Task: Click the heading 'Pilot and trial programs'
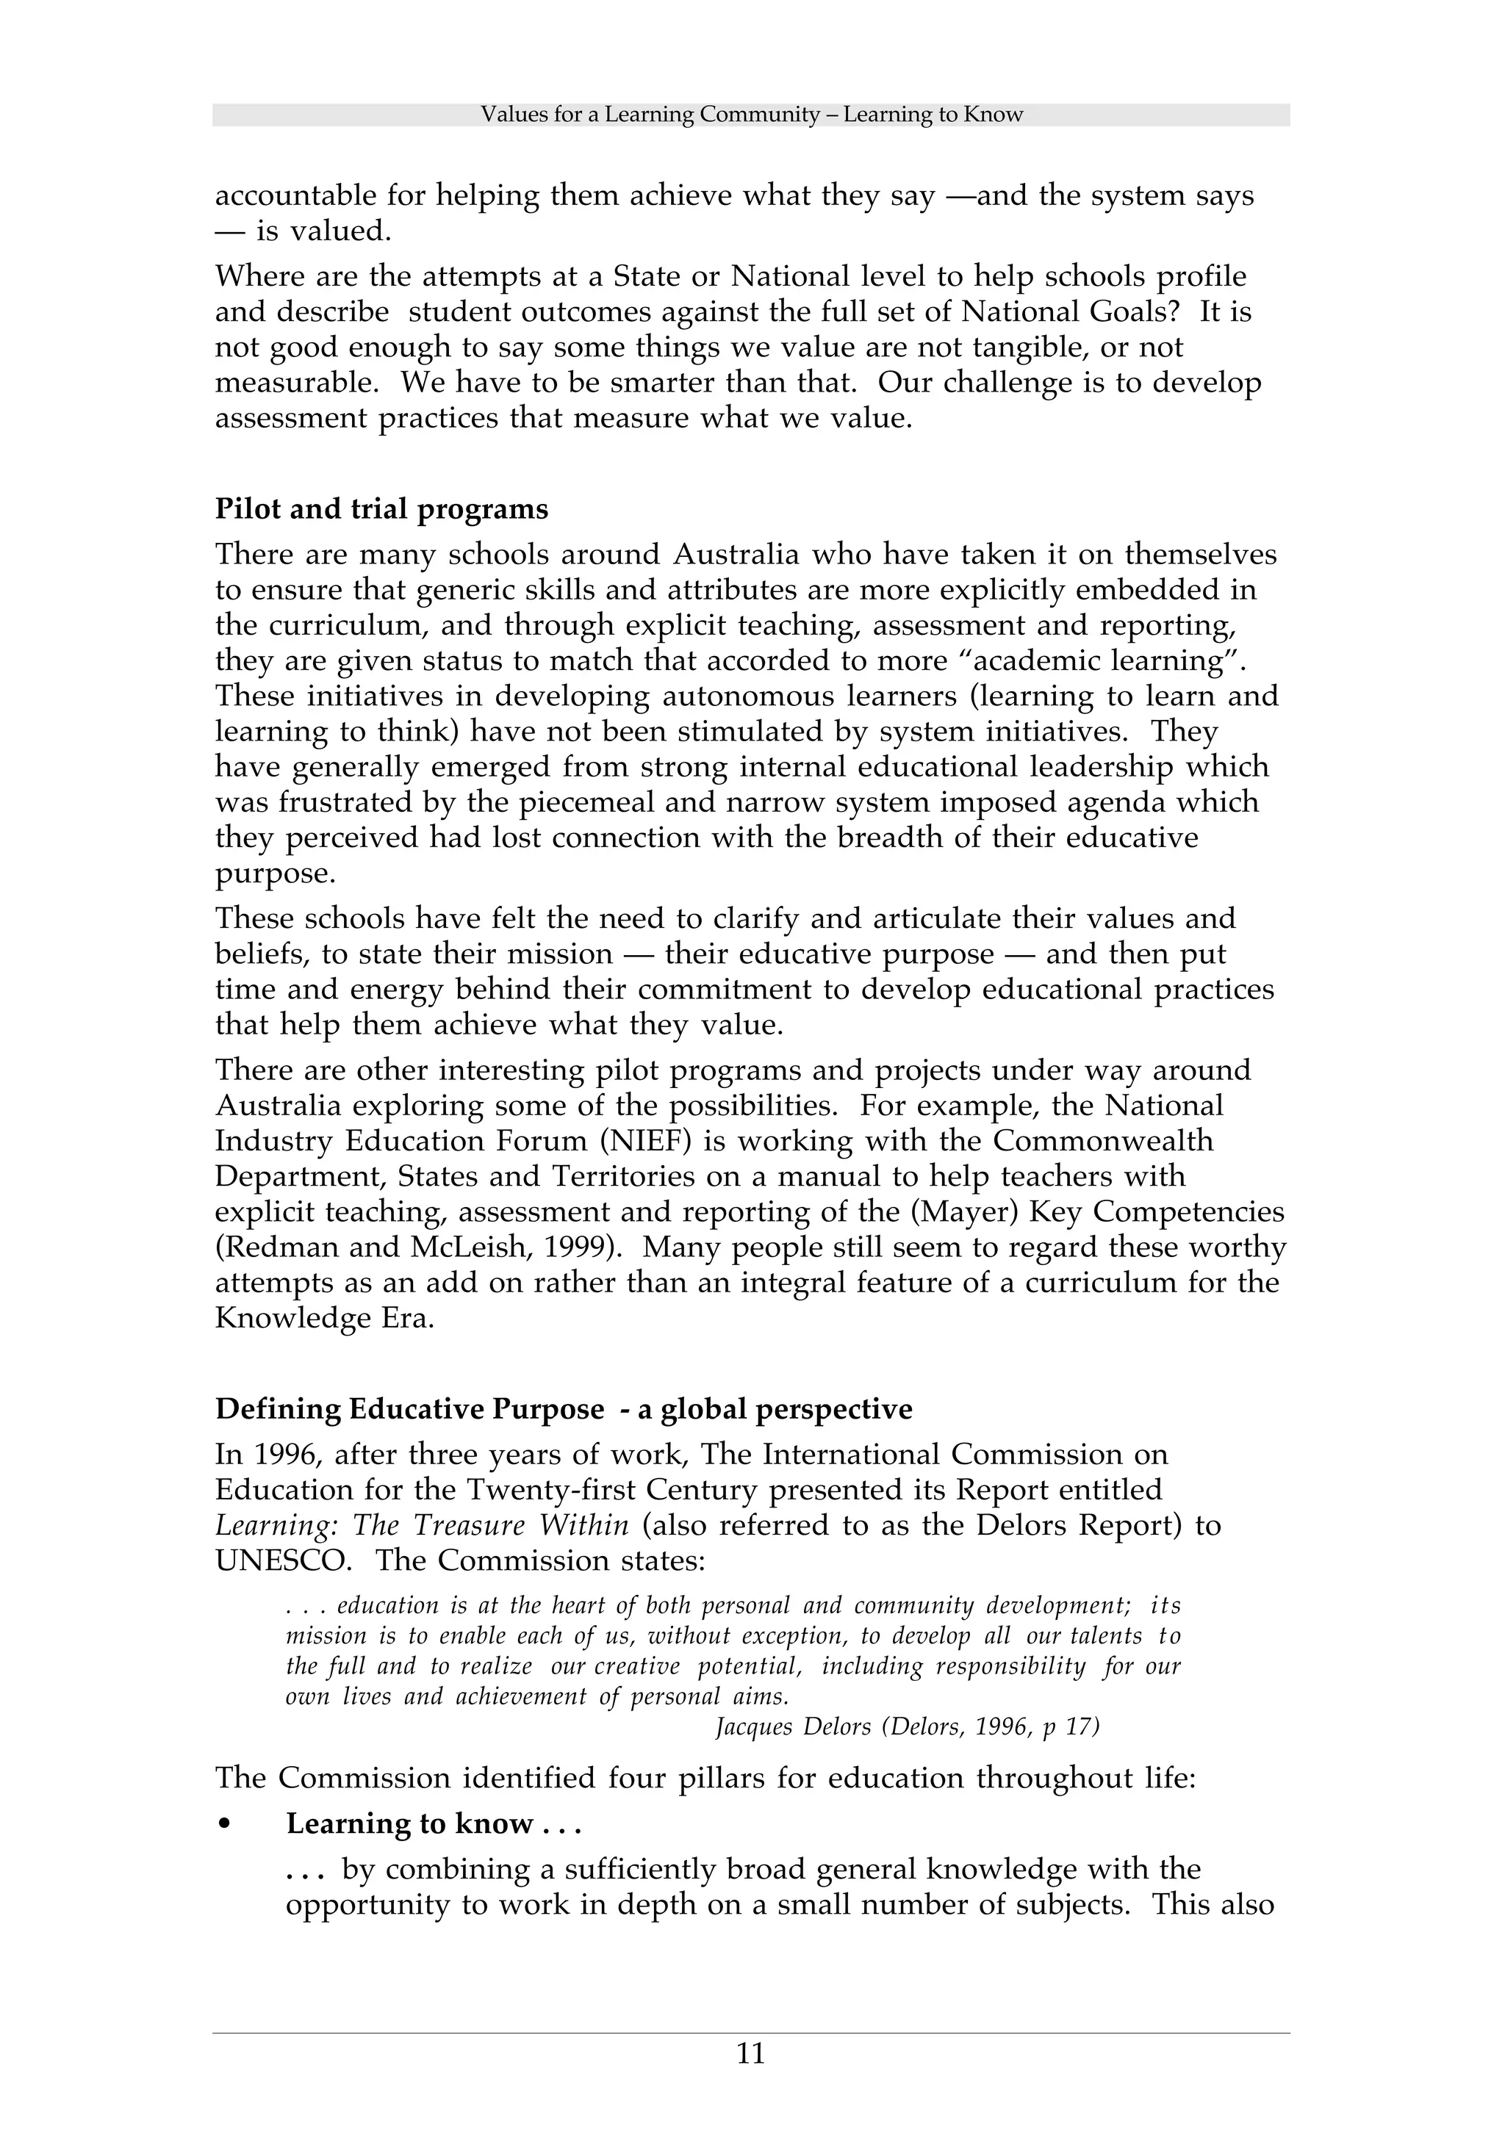(381, 509)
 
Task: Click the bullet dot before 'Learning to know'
(223, 1824)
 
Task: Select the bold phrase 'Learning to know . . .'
(433, 1824)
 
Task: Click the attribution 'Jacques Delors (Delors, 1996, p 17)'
(907, 1726)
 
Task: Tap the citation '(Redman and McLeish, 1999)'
(418, 1247)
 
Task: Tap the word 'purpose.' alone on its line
(276, 873)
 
